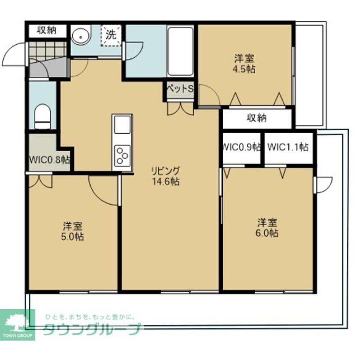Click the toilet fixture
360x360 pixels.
(x=42, y=117)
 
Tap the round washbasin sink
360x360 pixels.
(x=80, y=36)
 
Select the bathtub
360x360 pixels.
(x=180, y=51)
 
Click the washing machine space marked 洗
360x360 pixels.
(x=111, y=35)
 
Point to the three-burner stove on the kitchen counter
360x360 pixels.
(x=122, y=155)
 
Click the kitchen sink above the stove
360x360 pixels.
(x=122, y=125)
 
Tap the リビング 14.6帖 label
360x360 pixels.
(x=166, y=176)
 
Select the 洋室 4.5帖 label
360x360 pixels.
(x=244, y=64)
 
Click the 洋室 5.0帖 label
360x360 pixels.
(x=73, y=231)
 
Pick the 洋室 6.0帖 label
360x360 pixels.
(x=267, y=228)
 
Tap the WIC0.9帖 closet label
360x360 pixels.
(x=242, y=147)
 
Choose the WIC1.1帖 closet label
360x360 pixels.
(x=288, y=147)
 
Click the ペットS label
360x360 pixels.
(x=180, y=89)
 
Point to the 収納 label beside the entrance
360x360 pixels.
(x=47, y=30)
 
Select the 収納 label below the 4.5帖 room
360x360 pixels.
(x=257, y=118)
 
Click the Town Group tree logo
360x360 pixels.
(x=17, y=324)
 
